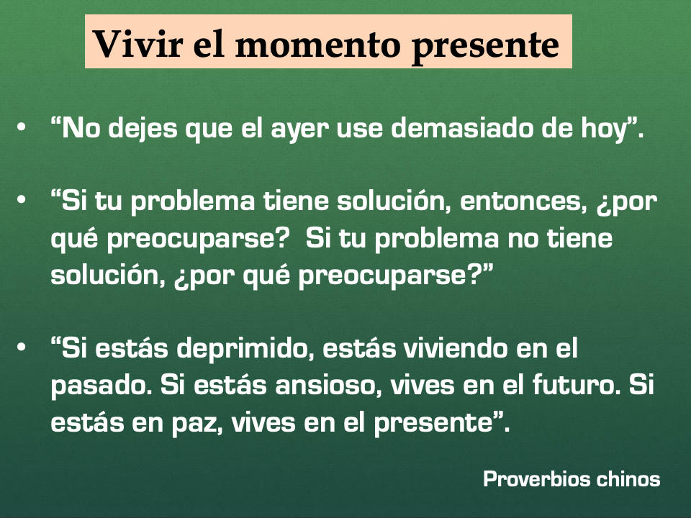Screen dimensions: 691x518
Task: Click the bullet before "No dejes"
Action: pyautogui.click(x=21, y=128)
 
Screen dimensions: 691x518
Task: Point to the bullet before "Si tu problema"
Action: pyautogui.click(x=21, y=201)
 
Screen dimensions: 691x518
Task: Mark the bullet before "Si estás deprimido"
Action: pyautogui.click(x=21, y=347)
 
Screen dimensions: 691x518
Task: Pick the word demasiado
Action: pyautogui.click(x=462, y=128)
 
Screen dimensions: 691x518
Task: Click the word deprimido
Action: pyautogui.click(x=245, y=350)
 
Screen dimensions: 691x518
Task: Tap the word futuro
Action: pyautogui.click(x=577, y=384)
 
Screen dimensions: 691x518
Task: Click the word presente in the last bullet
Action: pyautogui.click(x=433, y=424)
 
